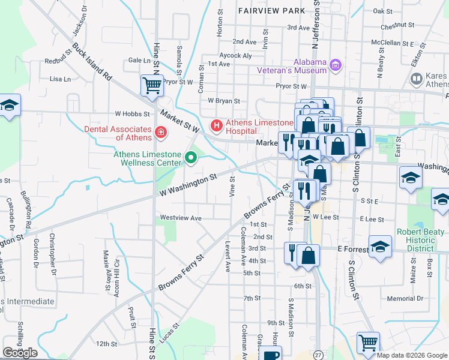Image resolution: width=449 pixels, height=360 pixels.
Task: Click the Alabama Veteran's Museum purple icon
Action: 336,64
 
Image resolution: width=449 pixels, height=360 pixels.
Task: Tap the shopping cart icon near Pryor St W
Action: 152,85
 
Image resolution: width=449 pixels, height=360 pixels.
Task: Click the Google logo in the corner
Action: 20,353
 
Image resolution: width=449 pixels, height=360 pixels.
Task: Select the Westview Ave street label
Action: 180,218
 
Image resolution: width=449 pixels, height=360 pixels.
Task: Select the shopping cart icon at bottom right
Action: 368,343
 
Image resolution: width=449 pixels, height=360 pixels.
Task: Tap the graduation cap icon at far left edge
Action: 10,106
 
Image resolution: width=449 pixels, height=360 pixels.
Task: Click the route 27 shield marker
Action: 318,354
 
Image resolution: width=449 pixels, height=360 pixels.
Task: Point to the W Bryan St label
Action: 223,101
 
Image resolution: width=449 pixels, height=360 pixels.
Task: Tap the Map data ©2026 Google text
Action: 412,355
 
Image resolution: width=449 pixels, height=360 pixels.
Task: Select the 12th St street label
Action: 106,344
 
